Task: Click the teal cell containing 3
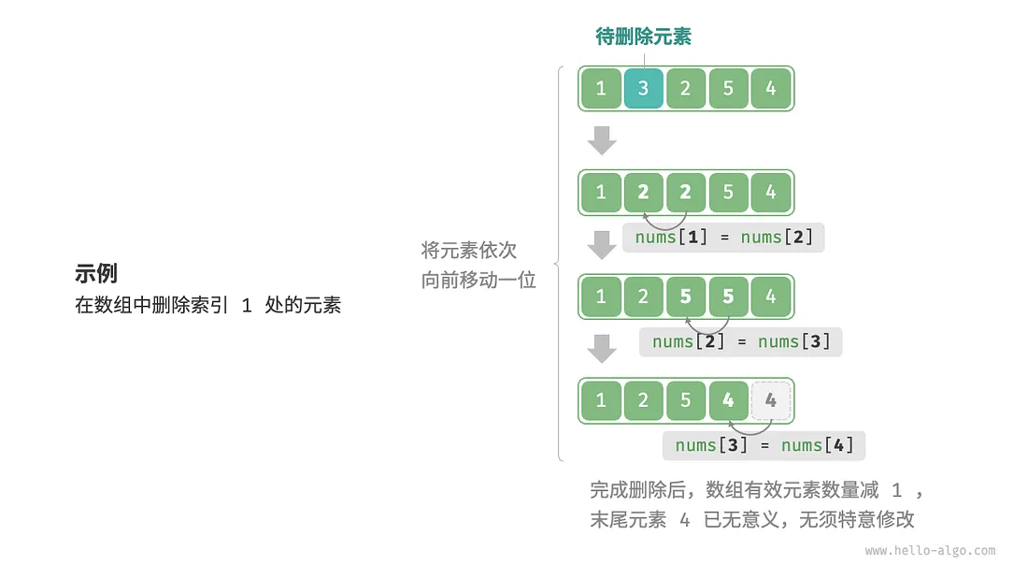[x=643, y=89]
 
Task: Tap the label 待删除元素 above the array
[x=643, y=36]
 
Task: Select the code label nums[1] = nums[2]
[x=723, y=238]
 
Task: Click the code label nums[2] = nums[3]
[x=740, y=341]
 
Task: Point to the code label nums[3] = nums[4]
[x=764, y=445]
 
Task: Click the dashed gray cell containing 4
[x=770, y=400]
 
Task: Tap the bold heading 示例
[x=96, y=274]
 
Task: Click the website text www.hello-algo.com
[x=930, y=551]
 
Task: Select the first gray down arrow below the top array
[x=602, y=140]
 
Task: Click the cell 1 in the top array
[x=600, y=89]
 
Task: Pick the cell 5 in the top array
[x=728, y=89]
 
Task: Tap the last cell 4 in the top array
[x=770, y=89]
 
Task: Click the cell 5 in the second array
[x=728, y=193]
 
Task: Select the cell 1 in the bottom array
[x=600, y=400]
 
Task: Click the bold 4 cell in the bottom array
[x=728, y=400]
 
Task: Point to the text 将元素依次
[x=468, y=251]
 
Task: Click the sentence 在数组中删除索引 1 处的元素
[x=207, y=305]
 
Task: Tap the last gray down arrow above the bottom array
[x=602, y=348]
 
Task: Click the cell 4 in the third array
[x=770, y=297]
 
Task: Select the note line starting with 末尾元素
[x=751, y=520]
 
